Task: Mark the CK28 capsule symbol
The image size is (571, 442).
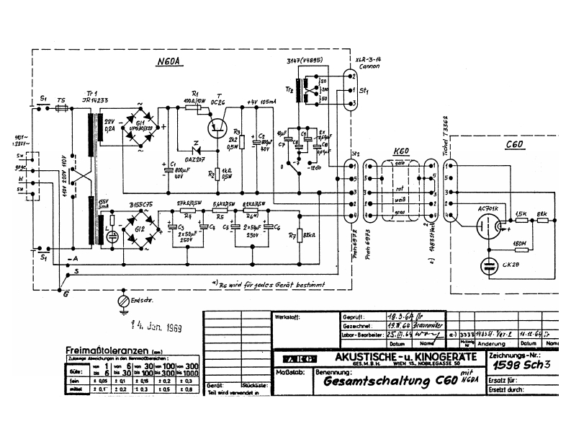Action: point(490,266)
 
